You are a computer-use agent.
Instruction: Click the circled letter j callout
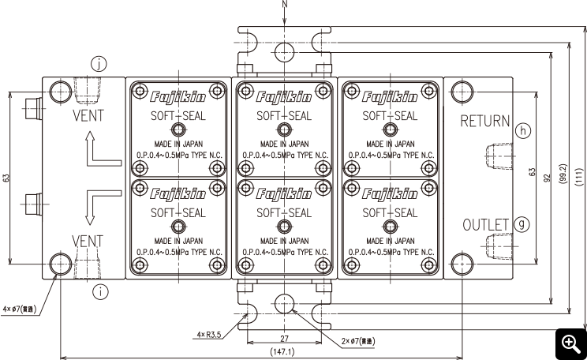coord(99,64)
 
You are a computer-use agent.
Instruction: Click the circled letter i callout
coord(100,291)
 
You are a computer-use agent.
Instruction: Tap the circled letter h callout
coord(523,130)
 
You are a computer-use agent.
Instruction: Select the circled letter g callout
coord(522,224)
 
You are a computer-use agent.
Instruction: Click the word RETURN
coord(484,121)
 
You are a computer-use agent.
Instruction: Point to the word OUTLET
coord(485,225)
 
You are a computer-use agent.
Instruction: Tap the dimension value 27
coord(285,338)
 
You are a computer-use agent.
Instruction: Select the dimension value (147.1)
coord(282,352)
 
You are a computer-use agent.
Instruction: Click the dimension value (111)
coord(579,176)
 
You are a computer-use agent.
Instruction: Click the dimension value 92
coord(548,178)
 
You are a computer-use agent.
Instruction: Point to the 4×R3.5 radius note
coord(209,334)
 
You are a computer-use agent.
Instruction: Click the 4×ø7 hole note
coord(20,309)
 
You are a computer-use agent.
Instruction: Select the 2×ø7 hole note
coord(357,341)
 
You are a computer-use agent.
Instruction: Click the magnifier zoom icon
coord(571,344)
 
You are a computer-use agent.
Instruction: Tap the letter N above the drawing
coord(285,4)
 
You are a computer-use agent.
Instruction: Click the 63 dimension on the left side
coord(6,178)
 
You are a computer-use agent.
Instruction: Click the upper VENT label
coord(88,115)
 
